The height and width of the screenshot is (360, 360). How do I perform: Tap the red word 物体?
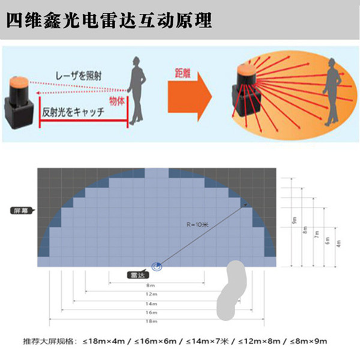117,101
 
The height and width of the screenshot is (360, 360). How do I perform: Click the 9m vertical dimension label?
294,221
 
